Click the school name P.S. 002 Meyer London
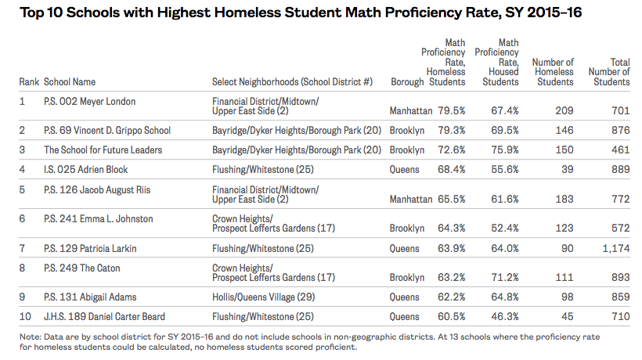pos(90,101)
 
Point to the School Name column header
pos(70,81)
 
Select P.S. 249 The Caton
pos(82,268)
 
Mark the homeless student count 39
pos(567,169)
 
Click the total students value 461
pos(619,149)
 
